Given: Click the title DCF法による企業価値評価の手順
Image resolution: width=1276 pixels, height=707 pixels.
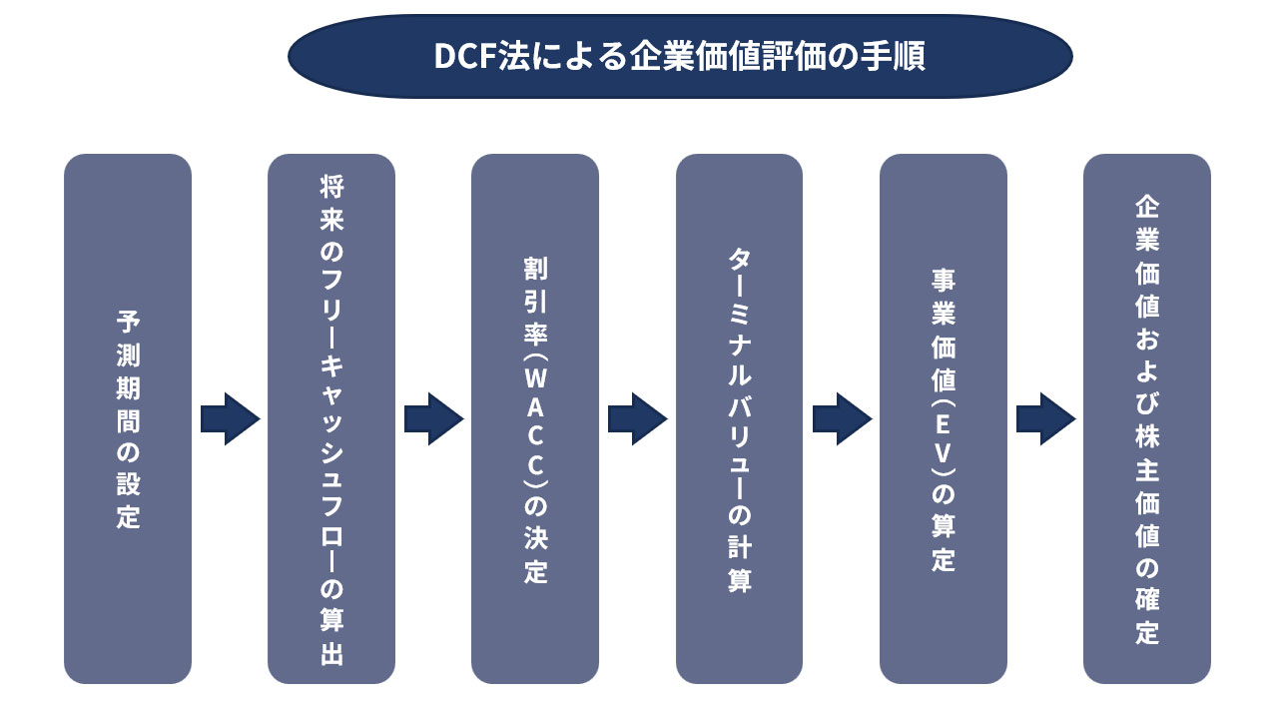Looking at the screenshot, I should tap(679, 56).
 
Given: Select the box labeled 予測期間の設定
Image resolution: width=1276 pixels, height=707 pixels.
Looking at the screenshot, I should tap(128, 418).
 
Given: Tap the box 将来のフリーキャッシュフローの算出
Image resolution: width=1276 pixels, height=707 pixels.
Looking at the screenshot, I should tap(331, 418).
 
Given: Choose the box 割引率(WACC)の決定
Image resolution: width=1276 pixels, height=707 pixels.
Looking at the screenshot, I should tap(535, 418).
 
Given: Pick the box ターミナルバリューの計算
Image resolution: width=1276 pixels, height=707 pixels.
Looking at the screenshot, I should tap(739, 418).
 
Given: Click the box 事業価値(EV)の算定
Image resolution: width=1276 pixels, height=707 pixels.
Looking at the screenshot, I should tap(943, 418).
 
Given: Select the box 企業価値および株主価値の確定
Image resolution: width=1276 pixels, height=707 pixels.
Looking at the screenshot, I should tap(1146, 418).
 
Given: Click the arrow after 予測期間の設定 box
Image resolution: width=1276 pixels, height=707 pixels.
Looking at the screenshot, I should tap(230, 418).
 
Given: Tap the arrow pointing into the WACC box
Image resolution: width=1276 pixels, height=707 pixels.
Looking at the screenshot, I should tap(433, 418).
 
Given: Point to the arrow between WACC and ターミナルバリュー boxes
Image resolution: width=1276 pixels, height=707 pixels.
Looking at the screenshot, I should tap(637, 418).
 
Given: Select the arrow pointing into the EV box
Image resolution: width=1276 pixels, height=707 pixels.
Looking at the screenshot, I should tap(842, 418).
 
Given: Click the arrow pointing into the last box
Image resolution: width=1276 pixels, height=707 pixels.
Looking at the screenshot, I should tap(1045, 418).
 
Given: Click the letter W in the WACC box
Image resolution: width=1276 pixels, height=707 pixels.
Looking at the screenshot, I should tap(535, 378).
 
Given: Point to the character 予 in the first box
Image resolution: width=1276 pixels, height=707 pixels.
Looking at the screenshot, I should tap(128, 322).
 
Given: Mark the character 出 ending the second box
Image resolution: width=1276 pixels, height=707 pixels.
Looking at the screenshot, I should tap(331, 656).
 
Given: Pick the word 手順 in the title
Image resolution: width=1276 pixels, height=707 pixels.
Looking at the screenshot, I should tap(897, 56).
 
